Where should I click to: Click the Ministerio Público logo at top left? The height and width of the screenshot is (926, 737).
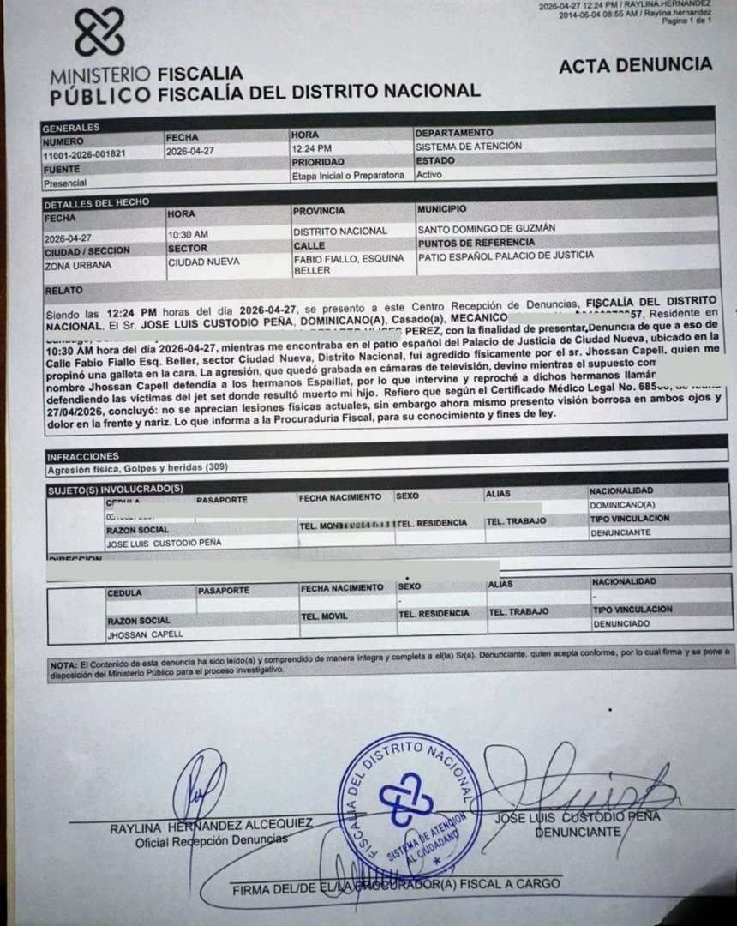point(99,33)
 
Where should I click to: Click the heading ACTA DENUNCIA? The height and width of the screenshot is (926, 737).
point(635,65)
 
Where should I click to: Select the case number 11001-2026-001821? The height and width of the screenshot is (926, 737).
point(83,154)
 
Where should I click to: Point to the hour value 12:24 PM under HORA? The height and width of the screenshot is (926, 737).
point(311,147)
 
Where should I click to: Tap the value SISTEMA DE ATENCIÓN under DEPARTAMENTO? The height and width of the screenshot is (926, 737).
point(468,146)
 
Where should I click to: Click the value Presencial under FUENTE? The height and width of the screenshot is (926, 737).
point(65,183)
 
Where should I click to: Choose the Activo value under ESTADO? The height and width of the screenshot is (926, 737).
point(429,174)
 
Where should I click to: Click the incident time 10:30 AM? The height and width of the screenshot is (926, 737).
point(188,233)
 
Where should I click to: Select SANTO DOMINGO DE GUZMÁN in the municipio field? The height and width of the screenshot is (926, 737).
point(486,229)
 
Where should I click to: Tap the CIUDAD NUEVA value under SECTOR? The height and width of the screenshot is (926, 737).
point(203,262)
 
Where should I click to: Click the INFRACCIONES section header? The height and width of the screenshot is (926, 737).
point(83,456)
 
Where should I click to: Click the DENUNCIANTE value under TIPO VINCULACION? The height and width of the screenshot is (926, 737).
point(620,532)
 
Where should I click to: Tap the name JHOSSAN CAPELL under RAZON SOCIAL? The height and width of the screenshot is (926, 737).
point(145,634)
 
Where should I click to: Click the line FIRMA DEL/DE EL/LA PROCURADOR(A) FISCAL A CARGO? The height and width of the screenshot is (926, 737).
point(396,885)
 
